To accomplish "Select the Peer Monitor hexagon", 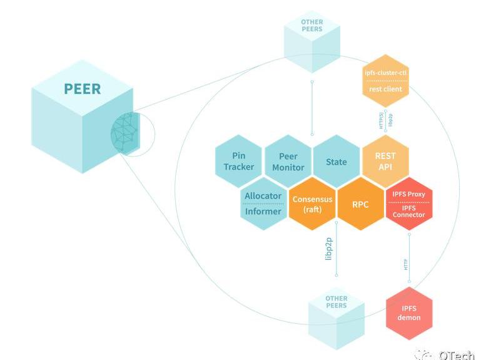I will click(x=288, y=162).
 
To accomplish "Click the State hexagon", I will click(x=337, y=162).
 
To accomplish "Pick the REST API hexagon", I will click(x=385, y=162).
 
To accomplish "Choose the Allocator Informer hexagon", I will click(x=263, y=203).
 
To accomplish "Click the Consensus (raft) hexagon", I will click(x=312, y=204).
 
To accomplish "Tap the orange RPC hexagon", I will click(x=361, y=204).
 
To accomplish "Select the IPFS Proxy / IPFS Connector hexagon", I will click(x=409, y=204).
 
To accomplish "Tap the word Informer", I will click(x=263, y=211).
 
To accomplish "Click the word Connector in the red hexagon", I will click(x=409, y=215).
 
